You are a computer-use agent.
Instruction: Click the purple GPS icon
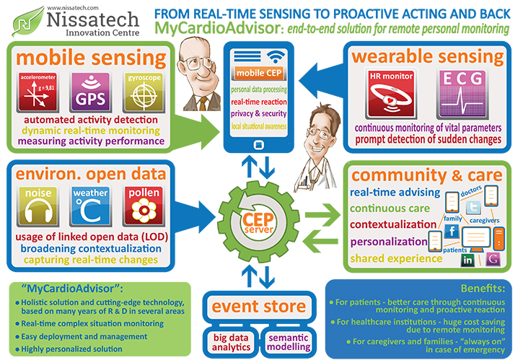coord(90,92)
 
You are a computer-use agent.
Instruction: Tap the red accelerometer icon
coord(38,92)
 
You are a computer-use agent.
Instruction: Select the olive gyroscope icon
coord(144,92)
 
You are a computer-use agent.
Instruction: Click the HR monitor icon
coord(391,94)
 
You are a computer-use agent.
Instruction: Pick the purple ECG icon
coord(462,94)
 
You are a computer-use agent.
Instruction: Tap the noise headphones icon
coord(38,206)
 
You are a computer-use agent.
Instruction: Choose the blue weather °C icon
coord(90,206)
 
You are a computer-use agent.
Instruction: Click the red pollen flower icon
coord(144,206)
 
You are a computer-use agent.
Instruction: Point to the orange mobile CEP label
coord(259,73)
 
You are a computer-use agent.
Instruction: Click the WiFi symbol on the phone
coord(276,56)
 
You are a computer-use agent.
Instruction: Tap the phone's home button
coord(259,145)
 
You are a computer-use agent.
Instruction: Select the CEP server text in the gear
coord(258,223)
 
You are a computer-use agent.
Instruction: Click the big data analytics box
coord(231,342)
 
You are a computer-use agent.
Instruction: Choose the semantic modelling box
coord(289,342)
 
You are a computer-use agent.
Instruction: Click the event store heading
coord(259,306)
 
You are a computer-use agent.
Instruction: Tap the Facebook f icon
coord(452,231)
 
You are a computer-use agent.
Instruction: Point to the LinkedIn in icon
coord(467,260)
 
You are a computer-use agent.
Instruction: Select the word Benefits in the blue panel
coord(483,289)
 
